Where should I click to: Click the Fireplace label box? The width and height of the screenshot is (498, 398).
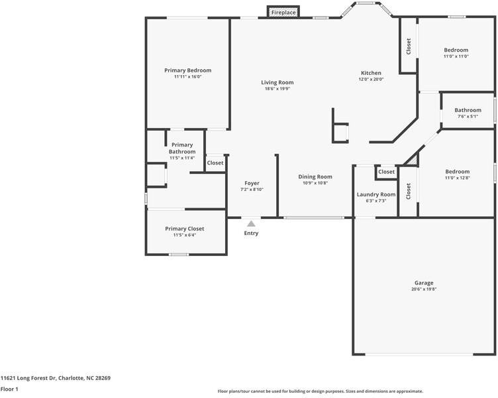click(283, 13)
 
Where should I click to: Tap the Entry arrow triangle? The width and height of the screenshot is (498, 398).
click(251, 224)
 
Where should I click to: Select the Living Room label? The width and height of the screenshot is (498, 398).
click(277, 82)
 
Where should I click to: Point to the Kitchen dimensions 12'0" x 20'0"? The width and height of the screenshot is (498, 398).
click(371, 79)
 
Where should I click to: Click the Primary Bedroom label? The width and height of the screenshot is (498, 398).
click(187, 70)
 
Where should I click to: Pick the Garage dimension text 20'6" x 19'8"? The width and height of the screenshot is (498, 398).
click(424, 289)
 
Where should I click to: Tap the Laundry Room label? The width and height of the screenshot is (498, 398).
click(376, 194)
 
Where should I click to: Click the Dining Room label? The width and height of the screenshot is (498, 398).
click(315, 176)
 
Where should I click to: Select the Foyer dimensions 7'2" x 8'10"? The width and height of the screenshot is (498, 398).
click(252, 189)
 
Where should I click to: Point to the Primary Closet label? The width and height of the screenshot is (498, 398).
click(185, 229)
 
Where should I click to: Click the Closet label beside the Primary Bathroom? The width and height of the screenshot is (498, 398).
click(215, 163)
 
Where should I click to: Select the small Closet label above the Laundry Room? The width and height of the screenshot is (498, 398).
click(386, 172)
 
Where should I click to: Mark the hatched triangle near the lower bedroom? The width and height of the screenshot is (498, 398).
click(413, 160)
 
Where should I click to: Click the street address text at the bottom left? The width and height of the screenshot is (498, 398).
click(55, 378)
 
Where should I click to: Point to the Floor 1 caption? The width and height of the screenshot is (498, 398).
click(9, 389)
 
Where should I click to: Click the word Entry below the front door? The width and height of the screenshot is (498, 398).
click(251, 233)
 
